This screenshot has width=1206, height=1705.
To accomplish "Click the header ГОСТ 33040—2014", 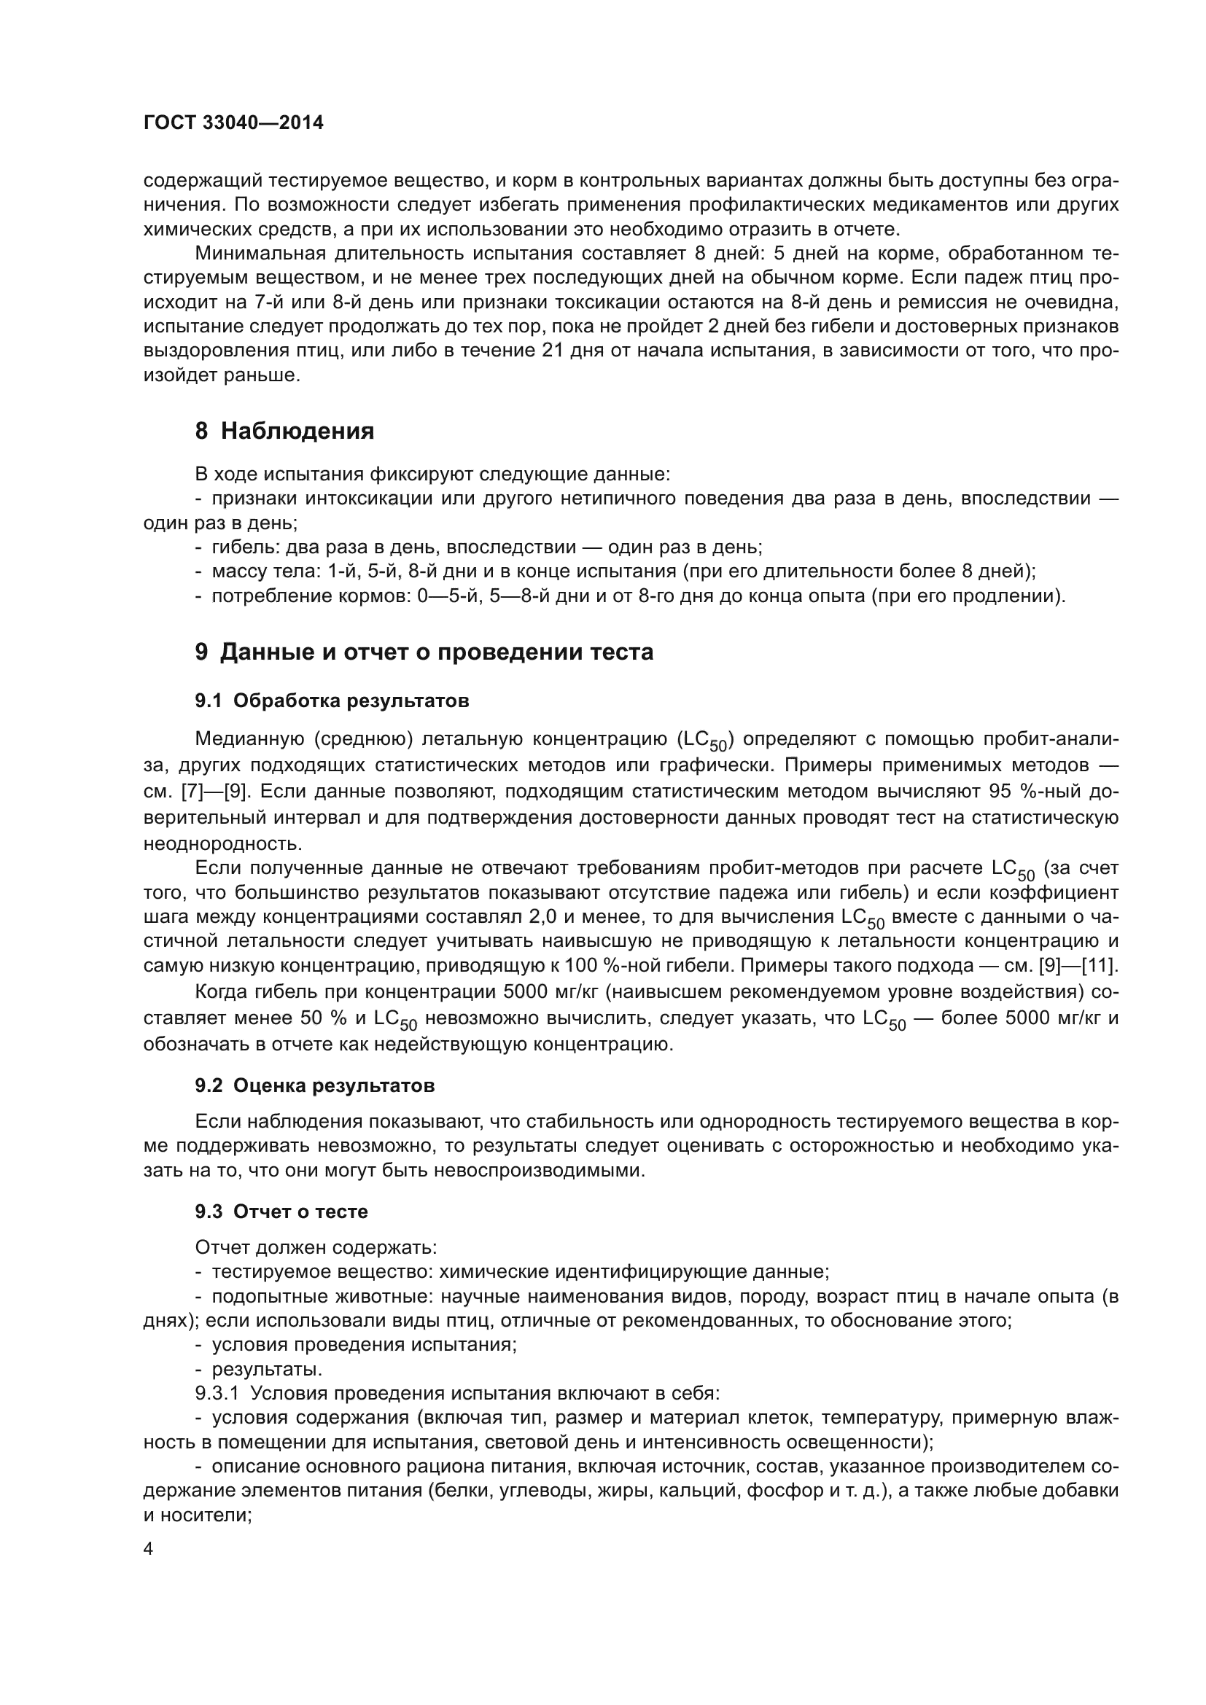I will click(x=233, y=123).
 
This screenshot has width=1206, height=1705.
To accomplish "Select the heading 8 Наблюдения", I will click(x=284, y=431).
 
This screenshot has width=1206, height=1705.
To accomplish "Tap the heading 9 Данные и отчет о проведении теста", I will click(x=424, y=652).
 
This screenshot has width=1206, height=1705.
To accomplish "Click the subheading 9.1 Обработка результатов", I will click(x=332, y=701).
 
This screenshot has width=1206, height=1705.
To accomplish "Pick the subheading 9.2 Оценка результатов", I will click(x=315, y=1085).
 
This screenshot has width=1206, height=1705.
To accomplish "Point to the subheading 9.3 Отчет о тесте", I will click(x=281, y=1212).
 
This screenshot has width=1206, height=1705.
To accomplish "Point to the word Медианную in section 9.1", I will click(x=249, y=740).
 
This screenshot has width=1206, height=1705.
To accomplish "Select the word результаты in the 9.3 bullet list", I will click(x=267, y=1369).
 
